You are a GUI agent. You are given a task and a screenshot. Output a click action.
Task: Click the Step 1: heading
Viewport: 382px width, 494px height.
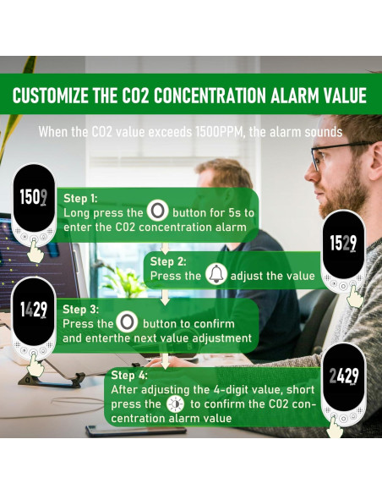click(81, 197)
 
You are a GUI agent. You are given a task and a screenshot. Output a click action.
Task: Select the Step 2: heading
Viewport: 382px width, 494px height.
click(169, 261)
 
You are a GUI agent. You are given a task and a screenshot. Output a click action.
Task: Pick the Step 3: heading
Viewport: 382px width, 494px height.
click(81, 309)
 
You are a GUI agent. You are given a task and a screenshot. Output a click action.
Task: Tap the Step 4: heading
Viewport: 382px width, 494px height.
click(130, 374)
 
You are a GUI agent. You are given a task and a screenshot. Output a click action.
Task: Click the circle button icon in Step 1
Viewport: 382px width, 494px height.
click(158, 211)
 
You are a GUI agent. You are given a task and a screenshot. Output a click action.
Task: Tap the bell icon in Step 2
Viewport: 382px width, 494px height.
click(216, 275)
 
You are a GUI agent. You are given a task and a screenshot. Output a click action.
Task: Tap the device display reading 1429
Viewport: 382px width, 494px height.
click(35, 310)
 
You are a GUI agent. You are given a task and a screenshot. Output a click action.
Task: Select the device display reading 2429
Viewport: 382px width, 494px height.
click(344, 376)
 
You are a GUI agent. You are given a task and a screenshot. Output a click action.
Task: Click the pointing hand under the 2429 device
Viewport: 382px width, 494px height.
click(336, 428)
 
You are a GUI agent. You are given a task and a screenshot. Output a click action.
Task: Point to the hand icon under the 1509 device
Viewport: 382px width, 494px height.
click(35, 251)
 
